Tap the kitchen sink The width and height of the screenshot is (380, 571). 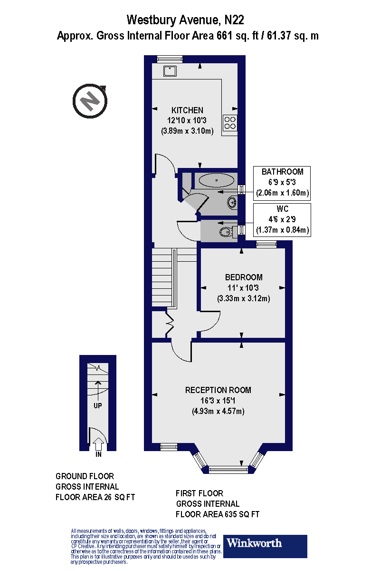(171, 71)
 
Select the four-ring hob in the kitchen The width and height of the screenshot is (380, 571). (230, 123)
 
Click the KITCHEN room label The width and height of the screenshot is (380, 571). (188, 110)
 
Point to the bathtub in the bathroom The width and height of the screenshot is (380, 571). (216, 180)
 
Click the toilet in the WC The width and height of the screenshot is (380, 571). (226, 232)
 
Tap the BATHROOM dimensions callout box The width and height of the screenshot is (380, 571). (282, 182)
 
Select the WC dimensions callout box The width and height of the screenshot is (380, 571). (282, 220)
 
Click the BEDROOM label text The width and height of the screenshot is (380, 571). (243, 277)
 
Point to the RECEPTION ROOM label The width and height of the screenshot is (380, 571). (218, 390)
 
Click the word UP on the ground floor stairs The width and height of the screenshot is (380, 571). (98, 406)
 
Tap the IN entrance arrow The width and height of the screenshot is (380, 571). (98, 445)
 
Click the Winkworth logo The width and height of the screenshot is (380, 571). (265, 546)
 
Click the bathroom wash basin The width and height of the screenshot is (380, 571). (232, 202)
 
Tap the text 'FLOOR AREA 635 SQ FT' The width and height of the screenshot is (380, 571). (218, 514)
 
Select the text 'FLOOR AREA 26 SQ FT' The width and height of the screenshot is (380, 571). (95, 497)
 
